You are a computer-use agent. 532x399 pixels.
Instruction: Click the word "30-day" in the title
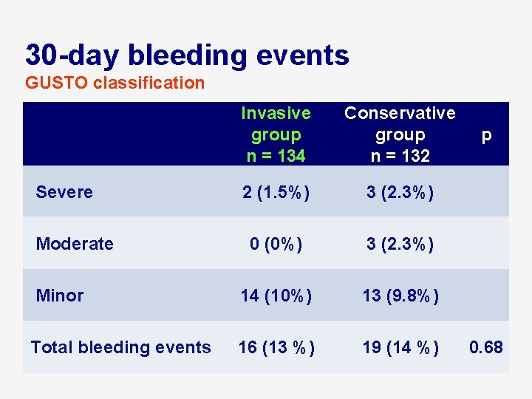(72, 55)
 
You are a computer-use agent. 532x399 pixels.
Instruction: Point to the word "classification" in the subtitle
(149, 83)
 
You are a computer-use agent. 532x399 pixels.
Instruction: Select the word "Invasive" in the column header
(276, 113)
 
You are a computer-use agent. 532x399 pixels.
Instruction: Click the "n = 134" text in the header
(276, 156)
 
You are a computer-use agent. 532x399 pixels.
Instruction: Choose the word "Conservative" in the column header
(400, 113)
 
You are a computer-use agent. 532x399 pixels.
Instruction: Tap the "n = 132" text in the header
(400, 156)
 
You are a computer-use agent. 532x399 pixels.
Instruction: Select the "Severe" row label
(64, 192)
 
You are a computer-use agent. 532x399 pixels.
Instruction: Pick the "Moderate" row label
(75, 244)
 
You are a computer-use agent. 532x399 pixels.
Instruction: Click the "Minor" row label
(60, 296)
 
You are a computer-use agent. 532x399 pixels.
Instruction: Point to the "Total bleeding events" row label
(121, 347)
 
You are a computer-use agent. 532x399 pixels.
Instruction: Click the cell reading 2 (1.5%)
(276, 192)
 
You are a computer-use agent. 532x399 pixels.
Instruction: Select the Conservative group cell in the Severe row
(400, 192)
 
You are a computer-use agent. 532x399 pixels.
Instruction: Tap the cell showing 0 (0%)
(276, 244)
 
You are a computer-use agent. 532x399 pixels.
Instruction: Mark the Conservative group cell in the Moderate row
(400, 244)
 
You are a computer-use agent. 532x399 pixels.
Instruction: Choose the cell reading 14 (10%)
(276, 296)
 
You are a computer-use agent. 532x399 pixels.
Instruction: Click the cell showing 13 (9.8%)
(400, 296)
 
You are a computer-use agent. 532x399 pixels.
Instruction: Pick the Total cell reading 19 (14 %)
(400, 347)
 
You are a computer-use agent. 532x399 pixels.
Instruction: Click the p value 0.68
(486, 347)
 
